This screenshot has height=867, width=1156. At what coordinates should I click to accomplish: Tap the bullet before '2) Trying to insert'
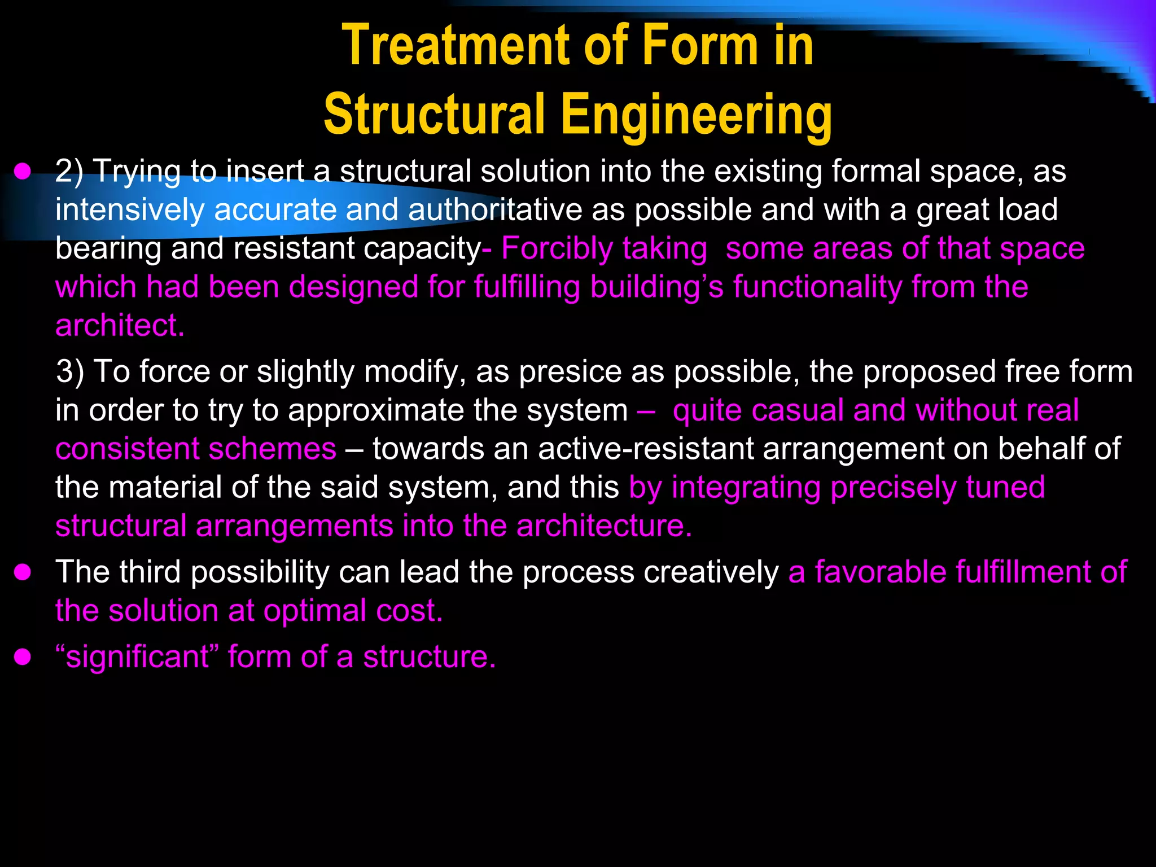(x=23, y=172)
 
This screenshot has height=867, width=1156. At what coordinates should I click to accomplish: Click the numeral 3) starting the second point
(x=70, y=372)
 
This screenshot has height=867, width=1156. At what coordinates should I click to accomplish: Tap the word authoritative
(x=495, y=210)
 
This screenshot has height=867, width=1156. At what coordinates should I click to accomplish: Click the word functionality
(x=817, y=287)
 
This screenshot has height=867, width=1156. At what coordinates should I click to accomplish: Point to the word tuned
(x=1005, y=488)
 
